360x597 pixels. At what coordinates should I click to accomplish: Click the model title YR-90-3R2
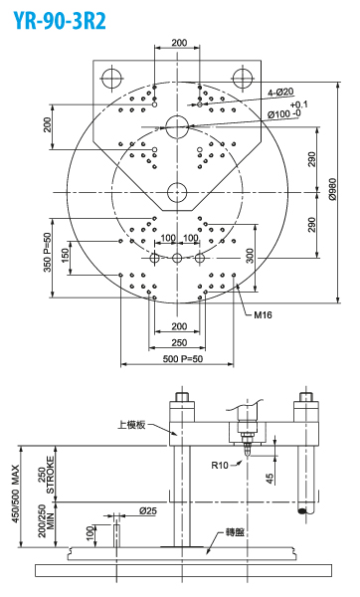[60, 21]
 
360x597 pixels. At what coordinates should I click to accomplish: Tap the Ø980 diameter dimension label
[333, 189]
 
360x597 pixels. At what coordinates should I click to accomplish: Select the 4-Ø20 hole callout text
[280, 92]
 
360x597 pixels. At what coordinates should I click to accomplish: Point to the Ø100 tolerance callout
[287, 110]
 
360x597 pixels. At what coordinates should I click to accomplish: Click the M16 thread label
[263, 314]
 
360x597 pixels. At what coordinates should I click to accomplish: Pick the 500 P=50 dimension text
[183, 358]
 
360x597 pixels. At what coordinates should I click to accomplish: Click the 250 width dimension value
[179, 342]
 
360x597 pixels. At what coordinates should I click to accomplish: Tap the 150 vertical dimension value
[66, 255]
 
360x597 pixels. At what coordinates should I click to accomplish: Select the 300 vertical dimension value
[250, 256]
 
